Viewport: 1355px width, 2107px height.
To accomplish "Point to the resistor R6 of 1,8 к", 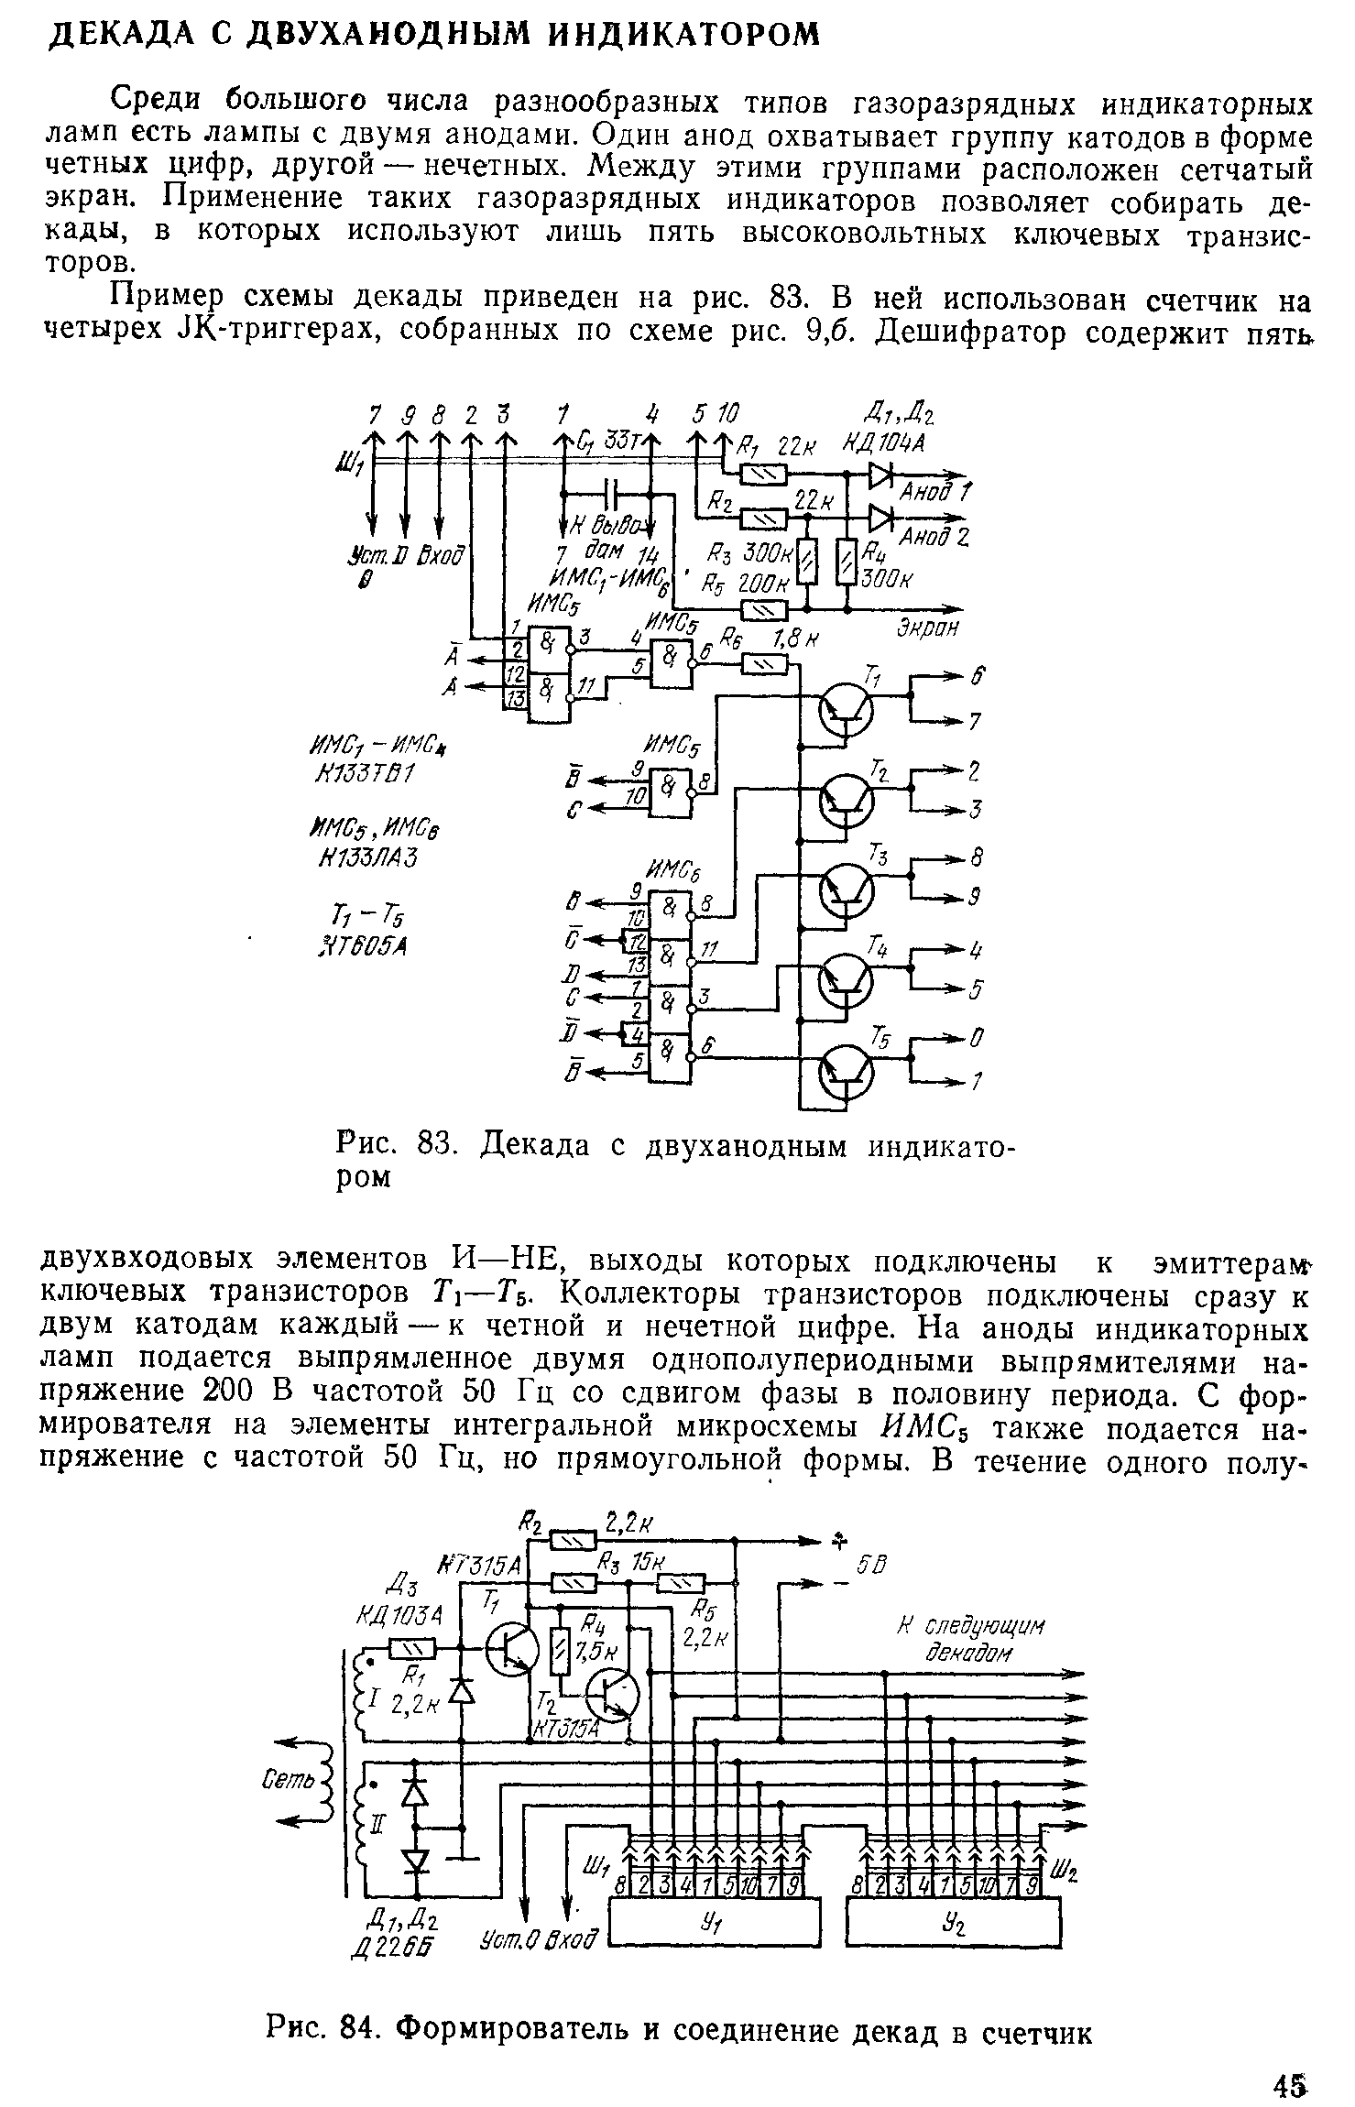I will click(764, 664).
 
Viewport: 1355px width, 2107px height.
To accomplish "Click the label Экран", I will click(925, 628).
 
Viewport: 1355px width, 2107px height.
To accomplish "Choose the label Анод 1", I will click(935, 491).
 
